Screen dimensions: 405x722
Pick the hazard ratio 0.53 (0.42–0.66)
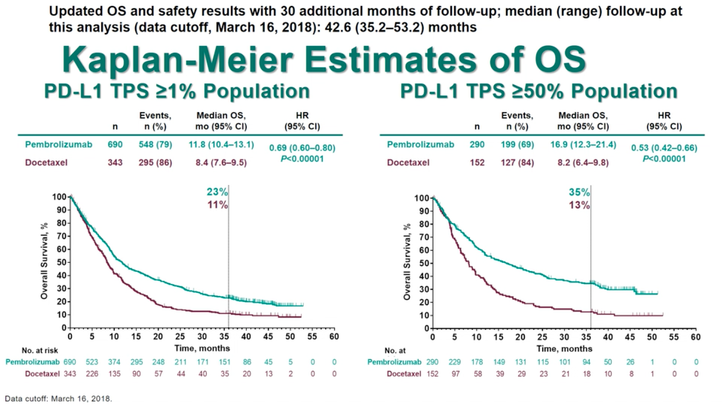664,148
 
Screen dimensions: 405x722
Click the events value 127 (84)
516,162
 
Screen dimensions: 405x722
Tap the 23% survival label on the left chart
216,192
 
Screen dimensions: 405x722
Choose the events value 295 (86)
156,162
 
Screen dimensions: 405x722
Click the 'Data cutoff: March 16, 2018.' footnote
58,398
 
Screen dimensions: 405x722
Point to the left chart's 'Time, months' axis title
202,348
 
